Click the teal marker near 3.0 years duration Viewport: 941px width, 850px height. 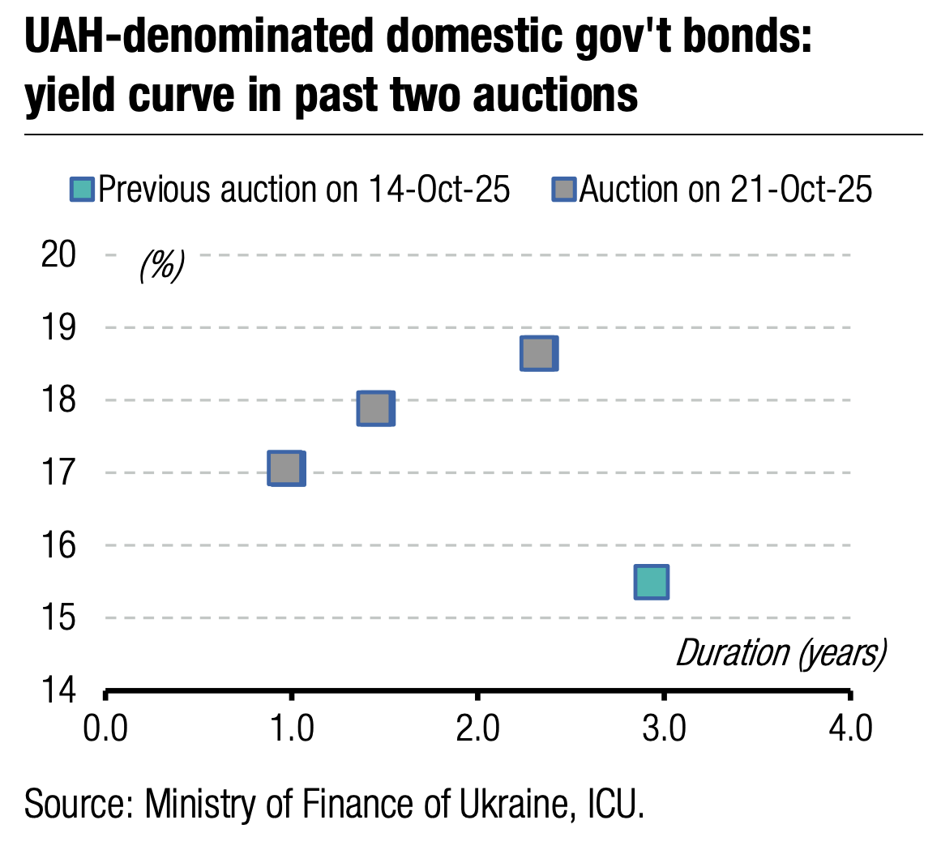652,582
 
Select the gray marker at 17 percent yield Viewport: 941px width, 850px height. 286,468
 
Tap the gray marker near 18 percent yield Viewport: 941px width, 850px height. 376,408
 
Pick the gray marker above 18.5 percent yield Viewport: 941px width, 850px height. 538,353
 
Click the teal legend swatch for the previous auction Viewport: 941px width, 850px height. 83,190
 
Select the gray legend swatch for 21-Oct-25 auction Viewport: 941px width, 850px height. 565,190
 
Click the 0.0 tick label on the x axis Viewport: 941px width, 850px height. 105,728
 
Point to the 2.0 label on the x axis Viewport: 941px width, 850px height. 477,728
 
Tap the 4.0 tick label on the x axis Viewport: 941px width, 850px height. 851,728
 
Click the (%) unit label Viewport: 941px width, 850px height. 162,265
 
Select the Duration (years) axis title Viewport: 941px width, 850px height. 781,653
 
